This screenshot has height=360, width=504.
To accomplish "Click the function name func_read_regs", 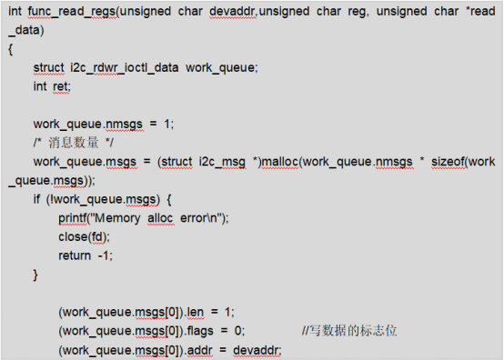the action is pos(72,12).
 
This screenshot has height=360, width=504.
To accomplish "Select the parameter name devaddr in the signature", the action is pos(233,12).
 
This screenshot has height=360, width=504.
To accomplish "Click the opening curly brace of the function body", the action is pos(11,49).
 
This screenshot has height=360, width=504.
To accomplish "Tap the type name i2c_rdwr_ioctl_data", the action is pos(125,68).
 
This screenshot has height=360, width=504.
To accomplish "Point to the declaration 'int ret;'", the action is pos(52,86).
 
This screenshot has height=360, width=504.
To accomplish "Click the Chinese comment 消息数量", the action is pos(74,143).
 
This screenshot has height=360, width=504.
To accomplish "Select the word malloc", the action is pos(280,162).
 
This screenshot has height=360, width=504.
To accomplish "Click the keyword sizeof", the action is pos(448,162).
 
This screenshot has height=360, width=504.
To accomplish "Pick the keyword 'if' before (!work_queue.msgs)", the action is pos(36,199).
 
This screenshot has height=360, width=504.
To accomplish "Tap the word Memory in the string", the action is pos(117,218).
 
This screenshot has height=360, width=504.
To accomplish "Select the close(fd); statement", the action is pos(85,237).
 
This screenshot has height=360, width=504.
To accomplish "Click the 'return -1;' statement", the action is pos(86,255).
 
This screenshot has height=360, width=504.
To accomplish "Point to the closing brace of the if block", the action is pos(35,275).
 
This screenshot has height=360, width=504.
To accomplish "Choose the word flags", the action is pos(200,331).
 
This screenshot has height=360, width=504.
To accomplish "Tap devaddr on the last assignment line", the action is pos(257,350).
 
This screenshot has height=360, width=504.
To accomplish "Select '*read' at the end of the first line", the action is pos(480,12).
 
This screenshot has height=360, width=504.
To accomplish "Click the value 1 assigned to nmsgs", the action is pos(166,124).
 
